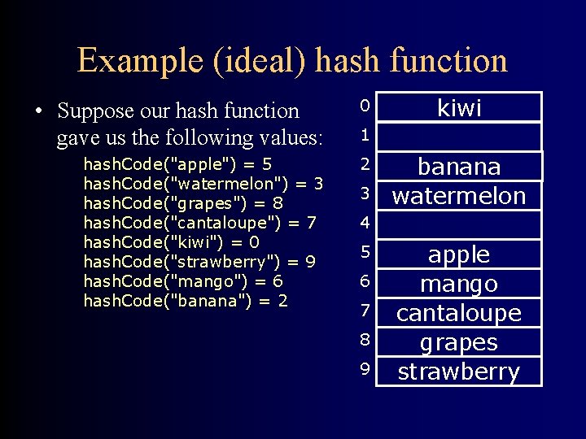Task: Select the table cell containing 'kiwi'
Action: pos(460,107)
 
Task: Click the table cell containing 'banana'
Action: pos(460,166)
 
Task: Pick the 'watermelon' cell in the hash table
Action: pos(460,195)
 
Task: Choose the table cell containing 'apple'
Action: pos(460,254)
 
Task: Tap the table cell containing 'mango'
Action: pos(460,283)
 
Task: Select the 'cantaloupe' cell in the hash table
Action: pos(460,312)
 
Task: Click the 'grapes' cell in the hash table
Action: pos(460,341)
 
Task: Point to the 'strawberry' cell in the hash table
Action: pos(460,371)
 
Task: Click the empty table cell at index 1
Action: pos(460,137)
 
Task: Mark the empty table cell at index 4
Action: pos(460,224)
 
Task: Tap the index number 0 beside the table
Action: pos(365,106)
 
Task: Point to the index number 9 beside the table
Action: pos(365,369)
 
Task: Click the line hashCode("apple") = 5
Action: pos(178,164)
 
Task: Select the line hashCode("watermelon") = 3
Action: pos(203,184)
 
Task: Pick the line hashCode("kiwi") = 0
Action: pos(172,242)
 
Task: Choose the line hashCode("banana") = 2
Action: pos(186,301)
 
